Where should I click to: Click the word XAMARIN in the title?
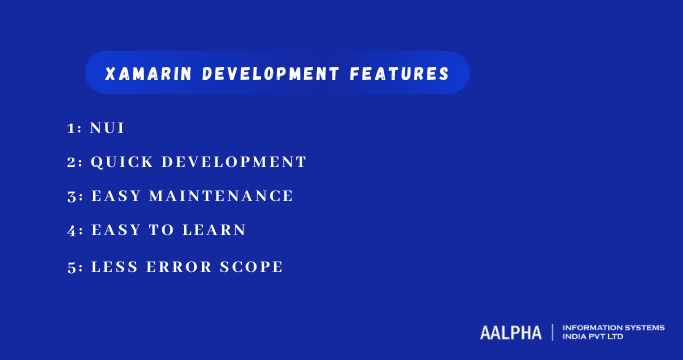click(x=139, y=74)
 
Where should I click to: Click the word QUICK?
click(x=120, y=161)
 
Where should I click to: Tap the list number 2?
click(x=70, y=161)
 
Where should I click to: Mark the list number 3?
click(x=70, y=196)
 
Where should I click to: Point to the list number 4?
click(x=70, y=230)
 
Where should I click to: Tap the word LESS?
click(x=115, y=267)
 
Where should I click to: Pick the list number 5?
click(x=70, y=267)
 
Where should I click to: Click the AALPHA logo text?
click(x=510, y=331)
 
